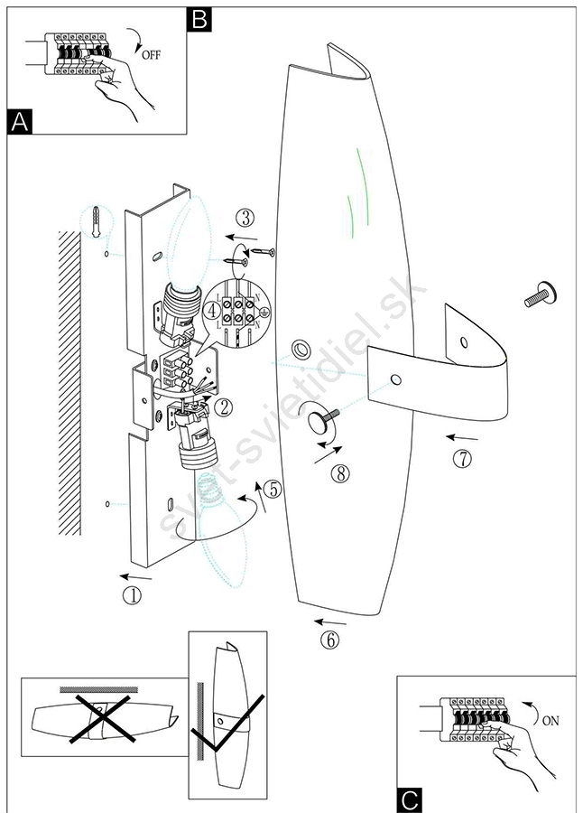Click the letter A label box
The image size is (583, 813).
pyautogui.click(x=20, y=122)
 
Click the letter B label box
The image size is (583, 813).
pyautogui.click(x=199, y=20)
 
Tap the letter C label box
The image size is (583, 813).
pyautogui.click(x=409, y=800)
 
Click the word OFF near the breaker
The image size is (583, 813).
pyautogui.click(x=151, y=54)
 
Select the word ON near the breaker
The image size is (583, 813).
pyautogui.click(x=551, y=720)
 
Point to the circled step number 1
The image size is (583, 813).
pyautogui.click(x=132, y=595)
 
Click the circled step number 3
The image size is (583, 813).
pyautogui.click(x=245, y=218)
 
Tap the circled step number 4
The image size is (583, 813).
pyautogui.click(x=212, y=311)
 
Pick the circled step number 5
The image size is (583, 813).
pyautogui.click(x=273, y=489)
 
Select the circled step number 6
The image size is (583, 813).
pyautogui.click(x=330, y=640)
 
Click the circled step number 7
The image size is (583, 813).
pyautogui.click(x=463, y=458)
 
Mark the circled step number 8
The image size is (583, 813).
pyautogui.click(x=340, y=472)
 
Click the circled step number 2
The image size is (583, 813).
pyautogui.click(x=224, y=407)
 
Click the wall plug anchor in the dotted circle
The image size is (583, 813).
pyautogui.click(x=96, y=222)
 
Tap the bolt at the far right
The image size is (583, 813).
pyautogui.click(x=541, y=294)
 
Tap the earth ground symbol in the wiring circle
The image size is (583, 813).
pyautogui.click(x=264, y=313)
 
